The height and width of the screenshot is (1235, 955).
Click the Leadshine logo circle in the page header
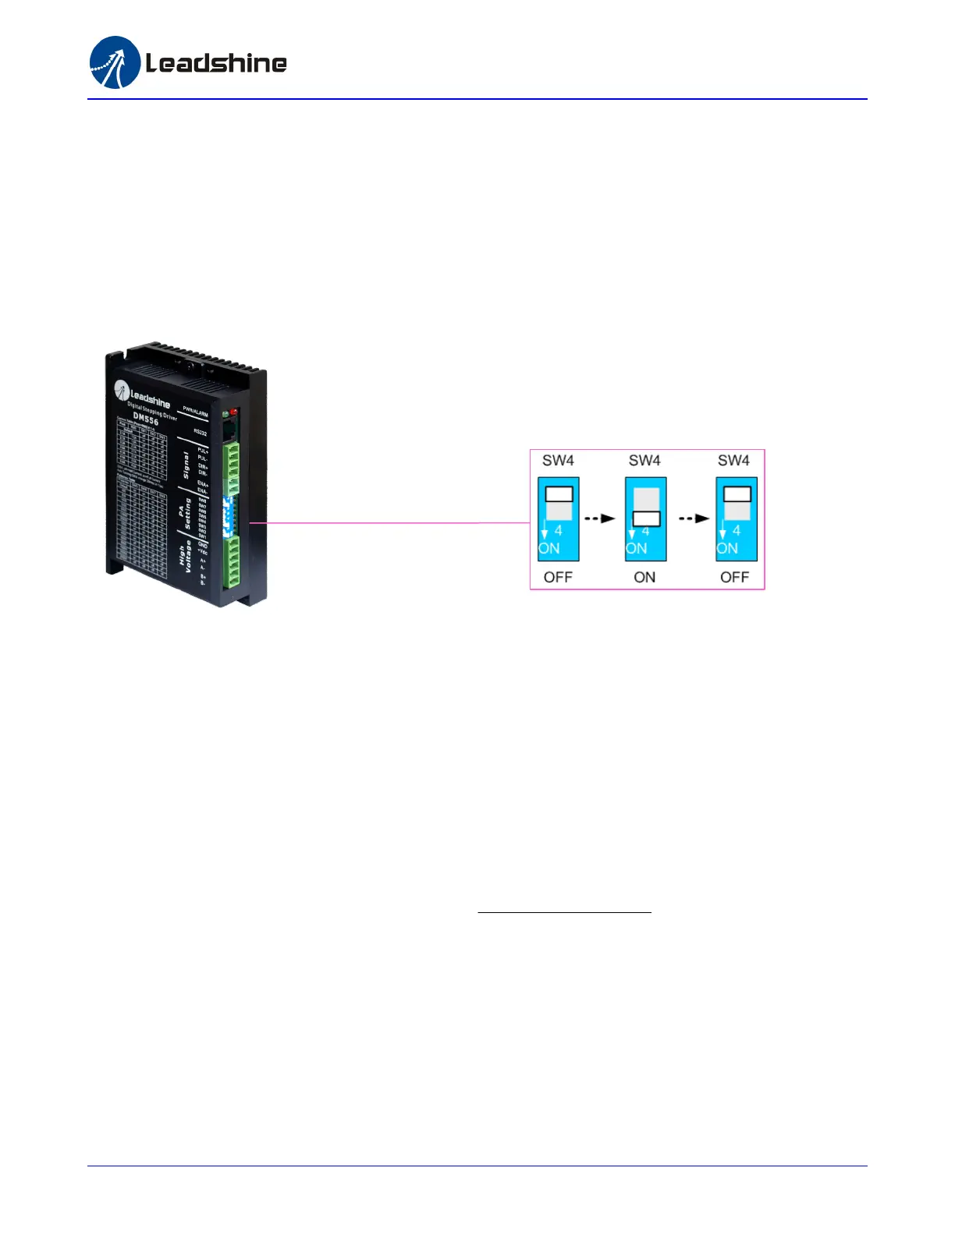pos(115,62)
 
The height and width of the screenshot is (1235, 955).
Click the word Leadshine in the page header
pos(216,63)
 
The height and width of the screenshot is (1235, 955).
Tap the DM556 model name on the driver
pos(146,419)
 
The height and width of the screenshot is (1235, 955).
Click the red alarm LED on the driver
pos(233,412)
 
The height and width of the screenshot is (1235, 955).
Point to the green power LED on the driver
pos(225,413)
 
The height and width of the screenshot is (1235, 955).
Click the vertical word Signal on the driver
pos(186,465)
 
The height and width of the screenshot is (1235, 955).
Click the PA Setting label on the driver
pos(184,513)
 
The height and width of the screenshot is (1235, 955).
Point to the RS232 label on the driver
pos(201,432)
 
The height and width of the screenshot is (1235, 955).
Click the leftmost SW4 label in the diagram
pos(558,461)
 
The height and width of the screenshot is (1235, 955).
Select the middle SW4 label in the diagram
pos(644,461)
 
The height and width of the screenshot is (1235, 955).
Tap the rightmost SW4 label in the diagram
pos(733,461)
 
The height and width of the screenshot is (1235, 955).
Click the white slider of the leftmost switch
pos(559,494)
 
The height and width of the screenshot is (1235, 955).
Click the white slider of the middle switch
pos(646,518)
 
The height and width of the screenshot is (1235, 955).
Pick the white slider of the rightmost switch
pos(737,494)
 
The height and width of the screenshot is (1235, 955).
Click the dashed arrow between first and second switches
pos(601,518)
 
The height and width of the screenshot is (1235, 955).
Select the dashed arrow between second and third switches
pos(694,518)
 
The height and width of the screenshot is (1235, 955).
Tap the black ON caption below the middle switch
pos(644,578)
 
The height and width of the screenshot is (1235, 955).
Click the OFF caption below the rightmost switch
pos(734,578)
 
